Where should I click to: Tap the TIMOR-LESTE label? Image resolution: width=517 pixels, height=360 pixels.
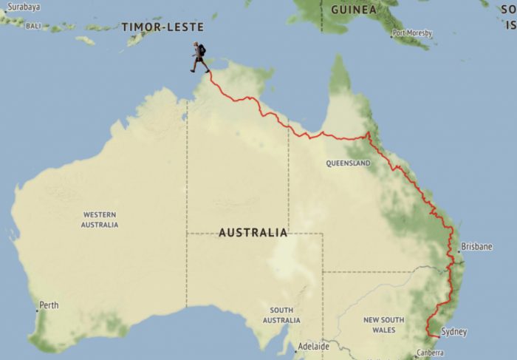point(162,27)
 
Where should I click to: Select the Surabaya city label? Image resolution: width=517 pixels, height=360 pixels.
point(20,6)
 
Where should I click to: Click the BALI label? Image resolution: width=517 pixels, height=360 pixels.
point(32,26)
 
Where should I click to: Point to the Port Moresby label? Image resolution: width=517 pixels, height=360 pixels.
point(413,33)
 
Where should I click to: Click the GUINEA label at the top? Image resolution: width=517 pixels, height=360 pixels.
point(353,10)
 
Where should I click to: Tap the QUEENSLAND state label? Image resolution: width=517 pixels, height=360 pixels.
point(348,163)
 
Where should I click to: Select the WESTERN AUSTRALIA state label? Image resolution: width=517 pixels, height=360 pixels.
point(100,220)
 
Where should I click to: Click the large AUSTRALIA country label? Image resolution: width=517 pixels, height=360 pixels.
point(253,233)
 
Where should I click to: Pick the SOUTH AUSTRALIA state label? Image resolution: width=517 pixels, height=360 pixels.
point(281,316)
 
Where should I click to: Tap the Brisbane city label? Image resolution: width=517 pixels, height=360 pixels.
point(476,247)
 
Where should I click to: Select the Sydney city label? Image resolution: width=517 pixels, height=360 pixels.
point(453,333)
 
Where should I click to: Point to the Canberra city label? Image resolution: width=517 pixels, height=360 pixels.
point(429,353)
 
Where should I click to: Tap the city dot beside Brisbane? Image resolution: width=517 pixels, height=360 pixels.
point(459,251)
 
